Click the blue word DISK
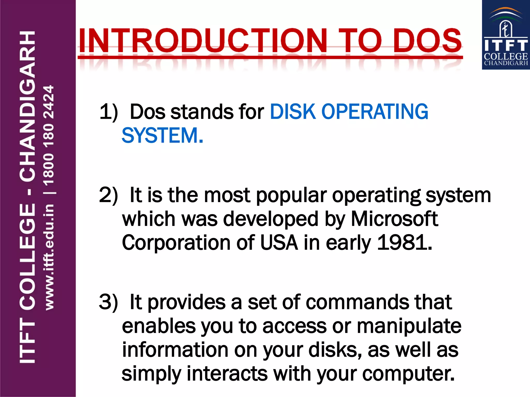pyautogui.click(x=293, y=112)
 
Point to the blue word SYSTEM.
pyautogui.click(x=162, y=135)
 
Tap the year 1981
pyautogui.click(x=404, y=243)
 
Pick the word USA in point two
pyautogui.click(x=279, y=243)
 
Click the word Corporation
pyautogui.click(x=176, y=243)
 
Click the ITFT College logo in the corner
pyautogui.click(x=506, y=35)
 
